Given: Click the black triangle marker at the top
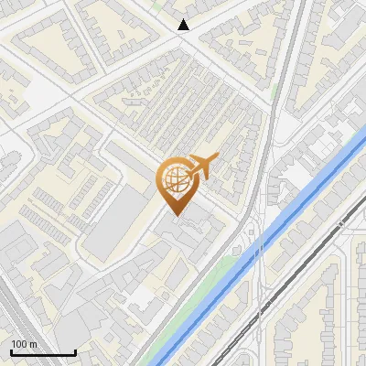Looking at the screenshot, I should click(184, 25).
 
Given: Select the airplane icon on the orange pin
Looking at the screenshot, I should click(200, 166).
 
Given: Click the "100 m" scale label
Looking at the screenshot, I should click(24, 344).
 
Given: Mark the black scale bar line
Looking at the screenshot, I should click(42, 352).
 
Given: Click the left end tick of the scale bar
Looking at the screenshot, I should click(10, 350).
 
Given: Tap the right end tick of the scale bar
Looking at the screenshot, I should click(75, 350).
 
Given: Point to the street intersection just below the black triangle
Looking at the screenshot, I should click(184, 39).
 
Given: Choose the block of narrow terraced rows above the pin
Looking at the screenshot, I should click(183, 101).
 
